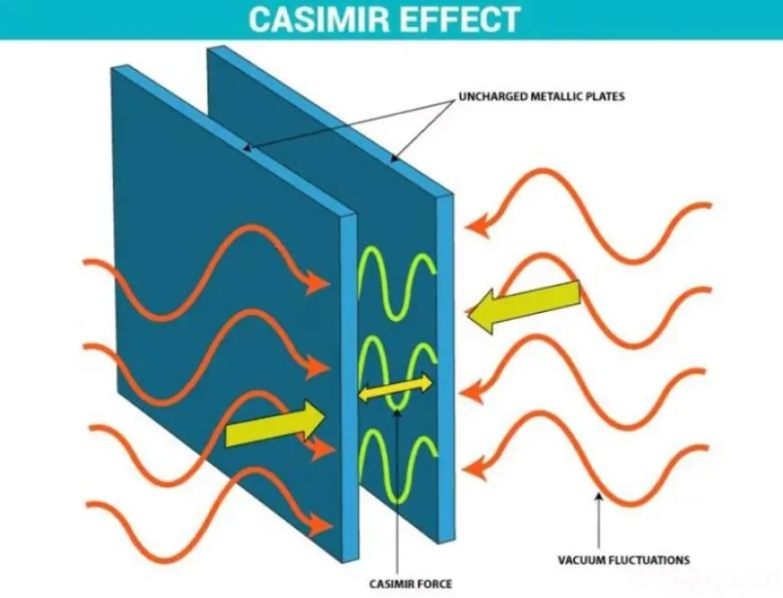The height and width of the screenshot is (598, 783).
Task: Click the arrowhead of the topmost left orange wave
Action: (x=317, y=284)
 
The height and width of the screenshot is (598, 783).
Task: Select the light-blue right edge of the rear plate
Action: (x=443, y=360)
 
